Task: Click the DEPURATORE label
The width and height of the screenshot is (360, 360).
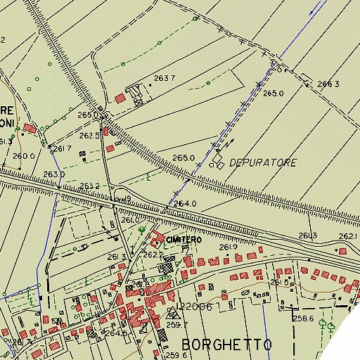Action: point(263,162)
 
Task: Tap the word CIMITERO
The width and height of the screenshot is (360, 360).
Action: point(184,240)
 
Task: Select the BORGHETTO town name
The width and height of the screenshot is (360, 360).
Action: point(226,345)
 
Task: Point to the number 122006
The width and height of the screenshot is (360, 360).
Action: point(195,307)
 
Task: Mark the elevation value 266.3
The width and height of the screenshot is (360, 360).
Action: point(328,84)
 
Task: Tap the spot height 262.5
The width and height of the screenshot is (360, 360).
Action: point(89,135)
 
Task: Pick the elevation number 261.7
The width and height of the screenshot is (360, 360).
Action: point(63,148)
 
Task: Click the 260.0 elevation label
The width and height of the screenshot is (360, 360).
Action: point(23,156)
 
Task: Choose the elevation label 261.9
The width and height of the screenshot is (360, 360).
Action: point(229,247)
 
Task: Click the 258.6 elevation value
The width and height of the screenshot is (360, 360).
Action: point(303,319)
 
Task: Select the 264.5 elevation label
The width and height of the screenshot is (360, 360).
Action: point(117,333)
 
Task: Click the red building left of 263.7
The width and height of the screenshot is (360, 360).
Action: point(120,97)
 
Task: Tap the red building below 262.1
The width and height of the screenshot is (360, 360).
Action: point(342,250)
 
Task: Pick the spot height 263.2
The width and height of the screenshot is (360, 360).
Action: point(89,186)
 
